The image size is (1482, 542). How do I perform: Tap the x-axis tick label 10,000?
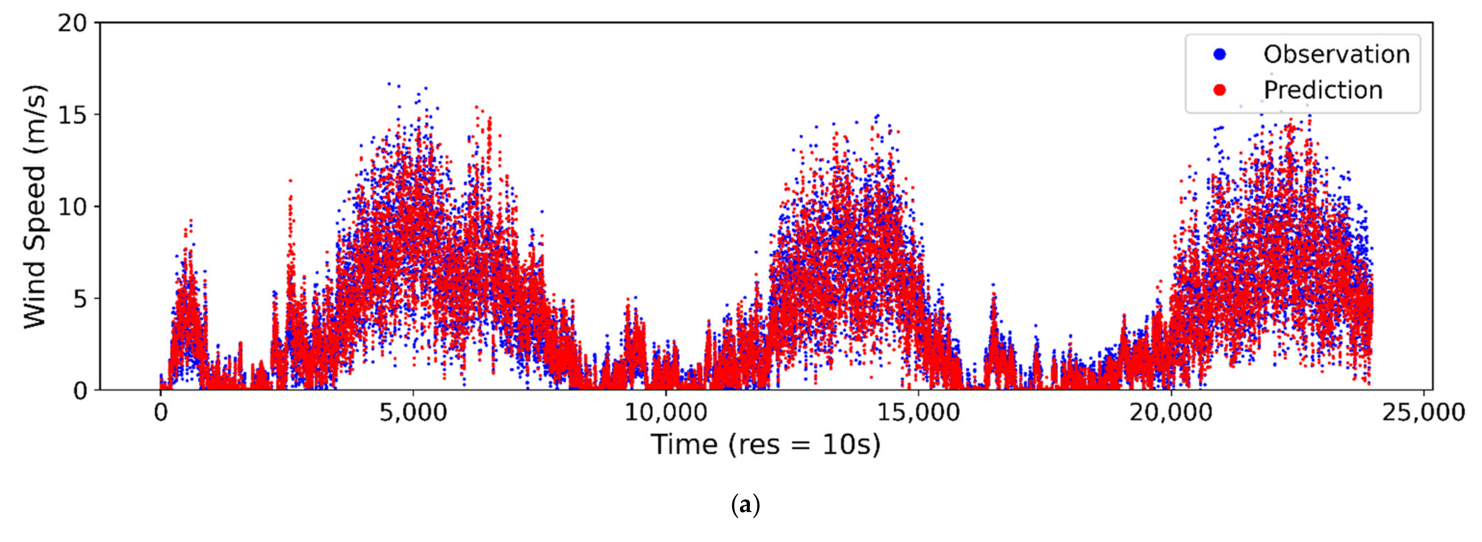coord(665,413)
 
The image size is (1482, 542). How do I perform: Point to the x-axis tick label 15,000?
coord(918,413)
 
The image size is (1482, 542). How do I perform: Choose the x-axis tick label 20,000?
coord(1171,413)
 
